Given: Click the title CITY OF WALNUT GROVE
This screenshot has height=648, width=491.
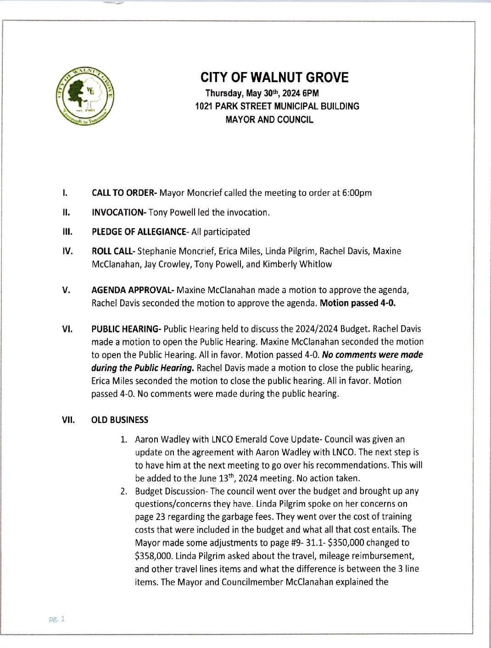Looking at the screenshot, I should click(275, 78).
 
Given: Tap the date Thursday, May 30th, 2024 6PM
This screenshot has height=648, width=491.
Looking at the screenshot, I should click(262, 93).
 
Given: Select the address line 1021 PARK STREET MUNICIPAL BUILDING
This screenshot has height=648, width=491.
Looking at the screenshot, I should click(277, 106).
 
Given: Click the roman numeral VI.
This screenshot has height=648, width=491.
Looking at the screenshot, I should click(67, 329).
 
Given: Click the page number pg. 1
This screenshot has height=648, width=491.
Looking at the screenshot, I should click(57, 619).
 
